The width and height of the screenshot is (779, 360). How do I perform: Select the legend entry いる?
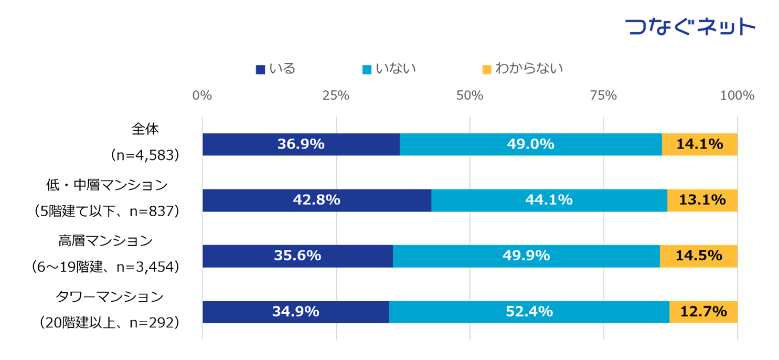[276, 69]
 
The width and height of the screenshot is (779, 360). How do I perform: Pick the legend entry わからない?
[523, 69]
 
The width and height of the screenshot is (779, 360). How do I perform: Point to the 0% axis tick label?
[202, 96]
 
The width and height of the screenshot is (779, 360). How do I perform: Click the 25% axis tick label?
[336, 96]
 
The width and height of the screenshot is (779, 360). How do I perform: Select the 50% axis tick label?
[469, 96]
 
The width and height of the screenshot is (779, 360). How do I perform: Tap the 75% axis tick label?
[603, 96]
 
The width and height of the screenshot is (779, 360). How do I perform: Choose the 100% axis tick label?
[737, 96]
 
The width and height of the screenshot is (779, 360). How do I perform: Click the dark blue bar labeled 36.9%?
[301, 144]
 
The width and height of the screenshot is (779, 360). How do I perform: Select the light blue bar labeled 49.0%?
[530, 144]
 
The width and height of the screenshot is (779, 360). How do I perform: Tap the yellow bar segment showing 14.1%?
[699, 144]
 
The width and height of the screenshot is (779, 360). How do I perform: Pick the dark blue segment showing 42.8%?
[316, 200]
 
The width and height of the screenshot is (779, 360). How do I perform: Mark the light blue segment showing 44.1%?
[549, 200]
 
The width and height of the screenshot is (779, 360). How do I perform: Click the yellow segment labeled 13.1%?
[702, 200]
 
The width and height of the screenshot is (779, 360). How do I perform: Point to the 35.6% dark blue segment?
[297, 256]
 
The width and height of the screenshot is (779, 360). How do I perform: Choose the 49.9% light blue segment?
[526, 256]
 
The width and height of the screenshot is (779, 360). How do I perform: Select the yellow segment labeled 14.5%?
[698, 256]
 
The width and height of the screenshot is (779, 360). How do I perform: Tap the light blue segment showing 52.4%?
[529, 312]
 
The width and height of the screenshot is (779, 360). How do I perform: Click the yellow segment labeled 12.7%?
[703, 312]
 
